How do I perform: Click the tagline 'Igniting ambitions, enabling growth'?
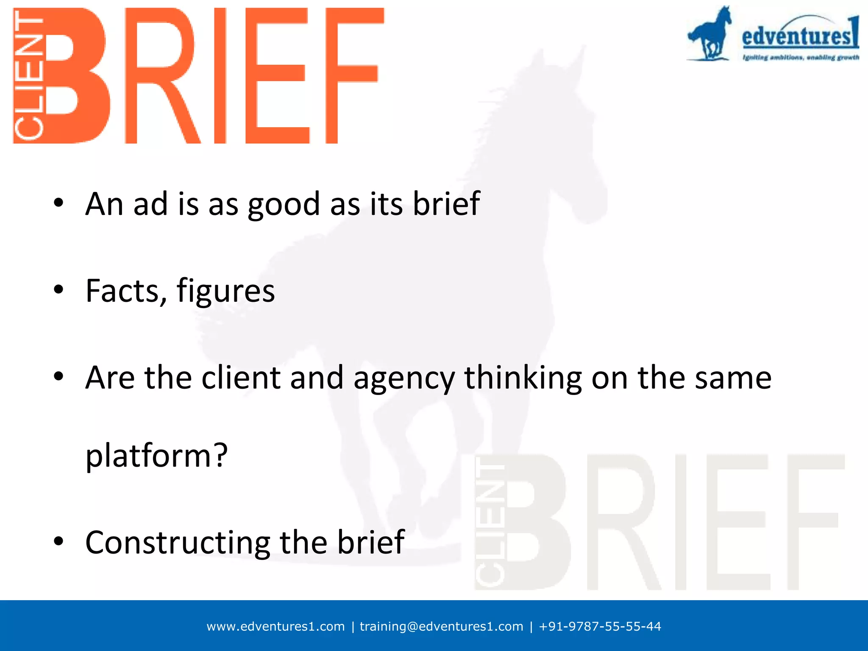tap(800, 57)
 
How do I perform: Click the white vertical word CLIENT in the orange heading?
tap(29, 76)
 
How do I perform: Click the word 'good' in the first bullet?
tap(284, 204)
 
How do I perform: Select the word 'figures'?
tap(225, 291)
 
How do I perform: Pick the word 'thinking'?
tap(523, 378)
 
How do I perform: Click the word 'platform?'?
tap(156, 456)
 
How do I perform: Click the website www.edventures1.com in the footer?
tap(275, 626)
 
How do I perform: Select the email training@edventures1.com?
tap(441, 626)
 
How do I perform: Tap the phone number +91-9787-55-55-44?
tap(600, 626)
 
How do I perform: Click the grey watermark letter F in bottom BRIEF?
tap(814, 521)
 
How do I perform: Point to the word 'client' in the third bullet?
tap(241, 378)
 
